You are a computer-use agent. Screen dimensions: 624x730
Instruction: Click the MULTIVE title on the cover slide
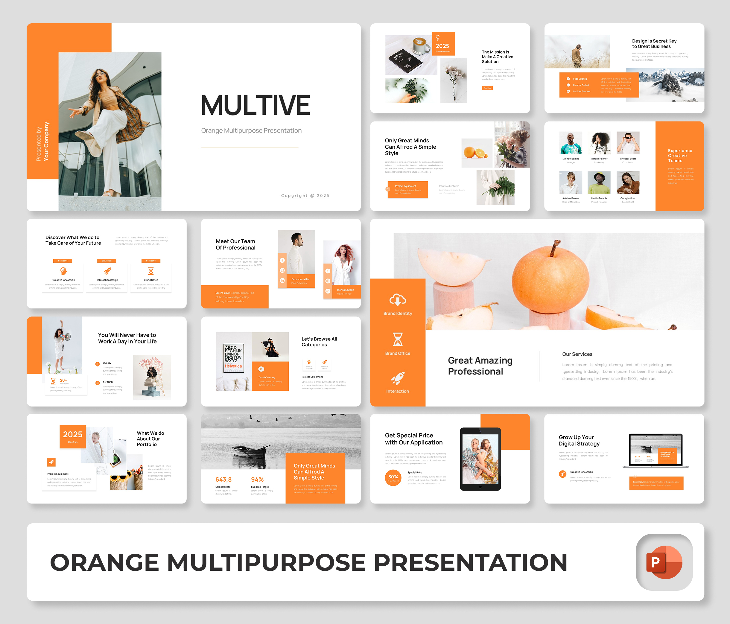pos(255,105)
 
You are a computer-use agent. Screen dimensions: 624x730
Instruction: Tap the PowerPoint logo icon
pos(664,562)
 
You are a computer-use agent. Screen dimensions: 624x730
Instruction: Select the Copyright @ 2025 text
pos(305,196)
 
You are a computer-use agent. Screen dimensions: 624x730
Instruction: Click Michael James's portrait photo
pos(571,143)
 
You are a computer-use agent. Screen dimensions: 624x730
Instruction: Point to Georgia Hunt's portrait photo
pos(628,182)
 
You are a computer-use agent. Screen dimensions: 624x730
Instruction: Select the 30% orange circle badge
pos(393,477)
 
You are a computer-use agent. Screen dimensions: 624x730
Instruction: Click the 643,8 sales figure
pos(223,480)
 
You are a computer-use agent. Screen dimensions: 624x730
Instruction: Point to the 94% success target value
pos(257,480)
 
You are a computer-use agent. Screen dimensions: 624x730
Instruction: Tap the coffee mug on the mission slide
pos(422,46)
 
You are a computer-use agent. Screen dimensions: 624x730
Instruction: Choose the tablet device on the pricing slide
pos(480,459)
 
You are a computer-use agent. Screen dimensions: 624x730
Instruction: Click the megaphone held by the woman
pos(67,336)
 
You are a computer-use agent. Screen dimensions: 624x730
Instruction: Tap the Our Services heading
pos(577,354)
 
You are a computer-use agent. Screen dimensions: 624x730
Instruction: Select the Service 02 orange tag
pos(107,261)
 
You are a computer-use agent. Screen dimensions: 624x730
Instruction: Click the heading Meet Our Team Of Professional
pos(235,244)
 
